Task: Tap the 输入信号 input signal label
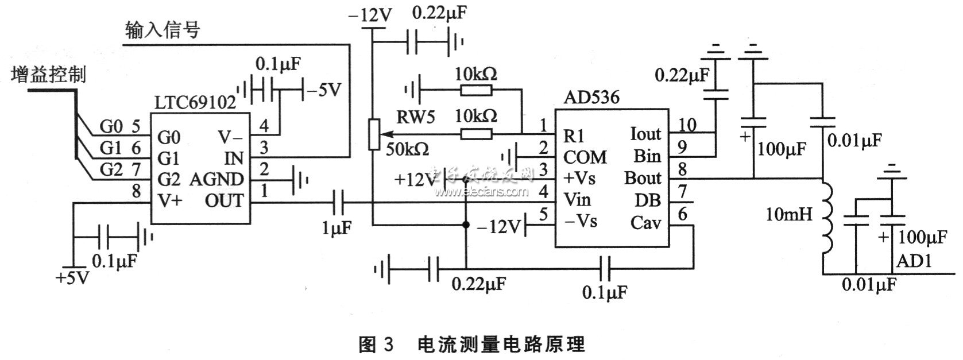click(162, 29)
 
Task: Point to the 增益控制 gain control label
click(48, 74)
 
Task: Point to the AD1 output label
click(914, 262)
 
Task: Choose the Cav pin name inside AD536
click(645, 222)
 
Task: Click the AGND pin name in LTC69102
click(216, 179)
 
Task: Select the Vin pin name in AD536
click(577, 200)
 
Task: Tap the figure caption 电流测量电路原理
click(500, 344)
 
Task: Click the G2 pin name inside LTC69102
click(169, 179)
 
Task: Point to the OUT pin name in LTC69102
click(224, 200)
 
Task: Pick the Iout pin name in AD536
click(645, 134)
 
